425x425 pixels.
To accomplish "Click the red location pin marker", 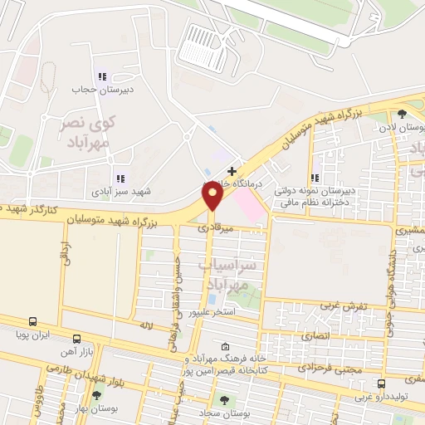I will (212, 196).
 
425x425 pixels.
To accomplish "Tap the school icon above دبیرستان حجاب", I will (103, 76).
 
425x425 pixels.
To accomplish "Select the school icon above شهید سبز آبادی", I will (120, 178).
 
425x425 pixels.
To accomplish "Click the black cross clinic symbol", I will (232, 170).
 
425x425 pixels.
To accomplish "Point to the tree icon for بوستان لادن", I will (403, 115).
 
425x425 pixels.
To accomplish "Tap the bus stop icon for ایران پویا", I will (32, 321).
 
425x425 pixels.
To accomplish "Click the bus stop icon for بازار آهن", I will (76, 339).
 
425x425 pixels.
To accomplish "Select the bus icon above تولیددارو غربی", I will (381, 383).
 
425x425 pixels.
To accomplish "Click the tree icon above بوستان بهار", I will (97, 396).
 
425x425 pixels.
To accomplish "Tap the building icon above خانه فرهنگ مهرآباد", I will (225, 347).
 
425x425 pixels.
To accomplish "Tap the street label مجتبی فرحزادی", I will (320, 364).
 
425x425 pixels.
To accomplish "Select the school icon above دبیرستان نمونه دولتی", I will (315, 178).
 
